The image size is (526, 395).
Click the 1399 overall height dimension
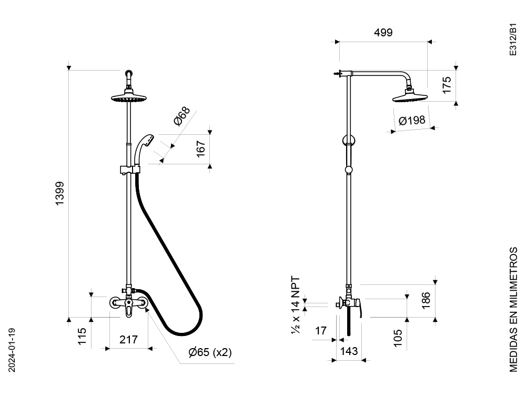[x=60, y=193]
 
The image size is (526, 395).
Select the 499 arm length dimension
[x=383, y=33]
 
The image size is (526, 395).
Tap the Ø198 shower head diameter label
[x=412, y=120]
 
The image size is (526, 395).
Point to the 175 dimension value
[x=447, y=85]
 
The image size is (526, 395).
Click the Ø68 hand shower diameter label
[x=182, y=115]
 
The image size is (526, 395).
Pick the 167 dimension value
[x=200, y=149]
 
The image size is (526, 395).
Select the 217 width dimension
[x=128, y=340]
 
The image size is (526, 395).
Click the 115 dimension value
[x=82, y=336]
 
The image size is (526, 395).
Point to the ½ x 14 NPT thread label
[x=296, y=305]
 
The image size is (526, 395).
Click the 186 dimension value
[x=426, y=300]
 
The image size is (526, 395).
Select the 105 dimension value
[x=397, y=338]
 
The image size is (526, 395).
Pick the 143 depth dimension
[x=349, y=351]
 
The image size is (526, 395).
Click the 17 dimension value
[x=321, y=331]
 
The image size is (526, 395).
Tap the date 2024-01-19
[x=12, y=350]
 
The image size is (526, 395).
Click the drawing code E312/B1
[x=513, y=39]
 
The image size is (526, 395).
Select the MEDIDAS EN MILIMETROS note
[x=513, y=310]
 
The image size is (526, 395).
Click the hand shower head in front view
[x=144, y=150]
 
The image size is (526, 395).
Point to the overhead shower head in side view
[x=410, y=97]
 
